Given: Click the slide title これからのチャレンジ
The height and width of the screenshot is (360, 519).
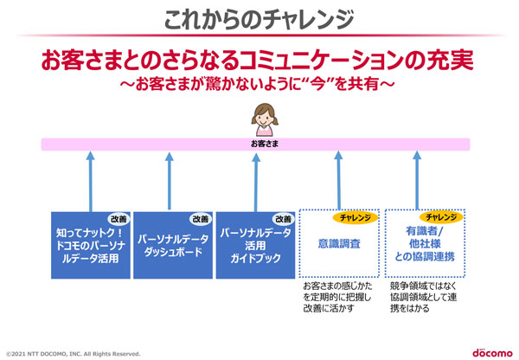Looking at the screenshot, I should (259, 17).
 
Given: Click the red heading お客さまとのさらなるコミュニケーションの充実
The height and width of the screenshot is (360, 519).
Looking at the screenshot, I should (259, 62).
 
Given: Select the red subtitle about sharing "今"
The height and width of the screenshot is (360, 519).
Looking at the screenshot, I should (259, 86).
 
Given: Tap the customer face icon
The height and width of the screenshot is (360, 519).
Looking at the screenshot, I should (259, 113).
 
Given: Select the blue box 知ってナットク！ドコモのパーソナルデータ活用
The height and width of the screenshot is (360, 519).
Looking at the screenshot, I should (90, 245).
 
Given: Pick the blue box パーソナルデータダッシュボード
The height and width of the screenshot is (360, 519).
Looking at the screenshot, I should (172, 245).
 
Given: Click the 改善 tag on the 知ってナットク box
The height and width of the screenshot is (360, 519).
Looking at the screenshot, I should (117, 219).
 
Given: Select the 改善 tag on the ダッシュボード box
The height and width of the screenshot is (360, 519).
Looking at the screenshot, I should (200, 219).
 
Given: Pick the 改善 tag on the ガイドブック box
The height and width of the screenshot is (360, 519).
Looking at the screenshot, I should (281, 219).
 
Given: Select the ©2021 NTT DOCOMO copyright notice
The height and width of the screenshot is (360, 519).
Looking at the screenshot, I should (73, 353).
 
